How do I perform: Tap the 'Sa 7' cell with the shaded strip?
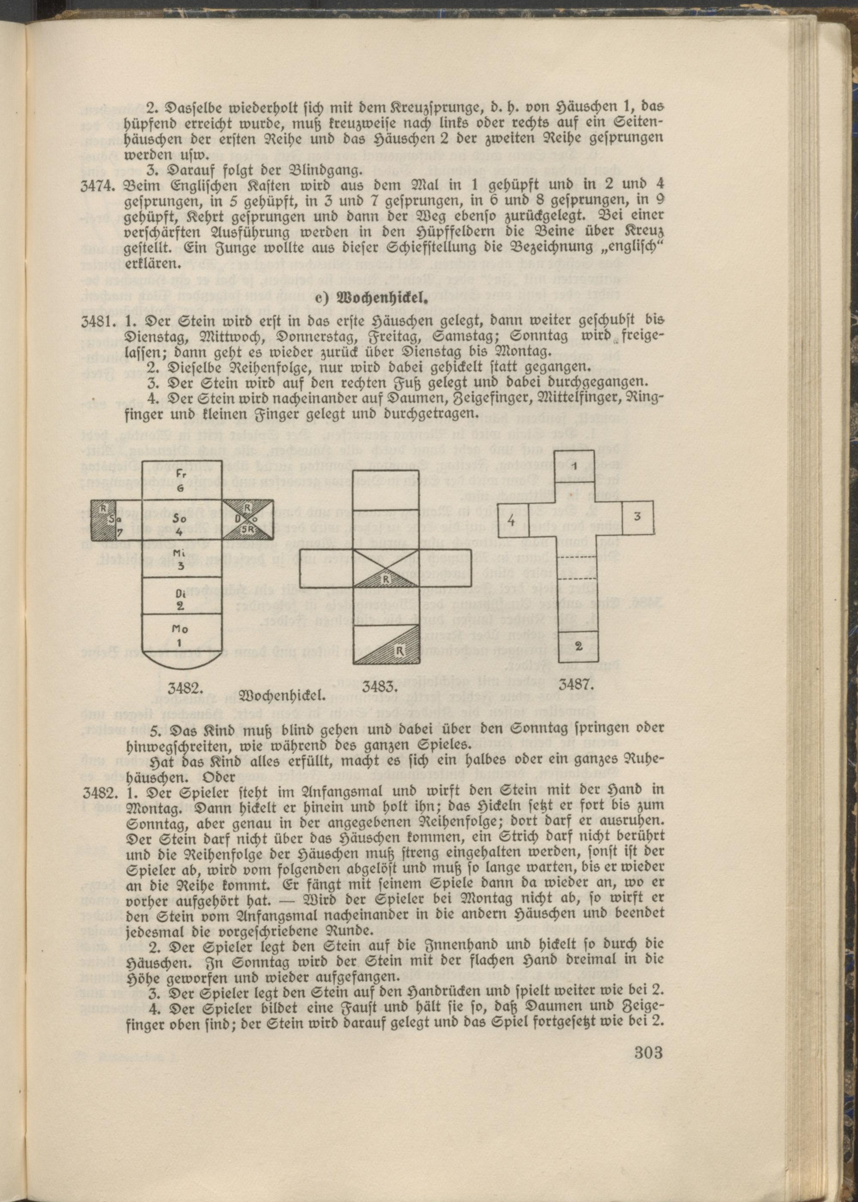pos(116,519)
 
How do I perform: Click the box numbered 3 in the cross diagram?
pos(637,517)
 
